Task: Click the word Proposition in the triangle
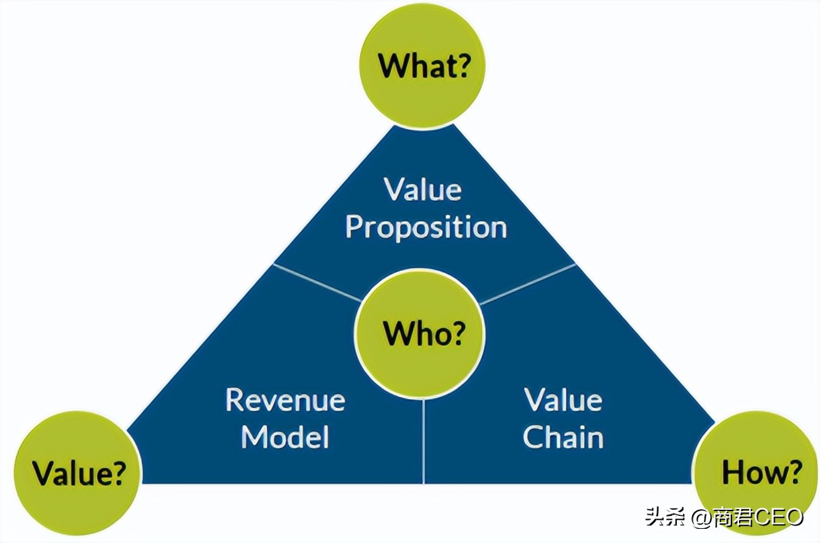(425, 227)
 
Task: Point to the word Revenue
(285, 400)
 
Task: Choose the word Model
(285, 437)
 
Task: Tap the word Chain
(562, 437)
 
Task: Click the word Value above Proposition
(423, 190)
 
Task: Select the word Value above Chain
(562, 400)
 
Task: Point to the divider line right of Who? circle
(527, 284)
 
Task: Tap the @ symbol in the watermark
(701, 518)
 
